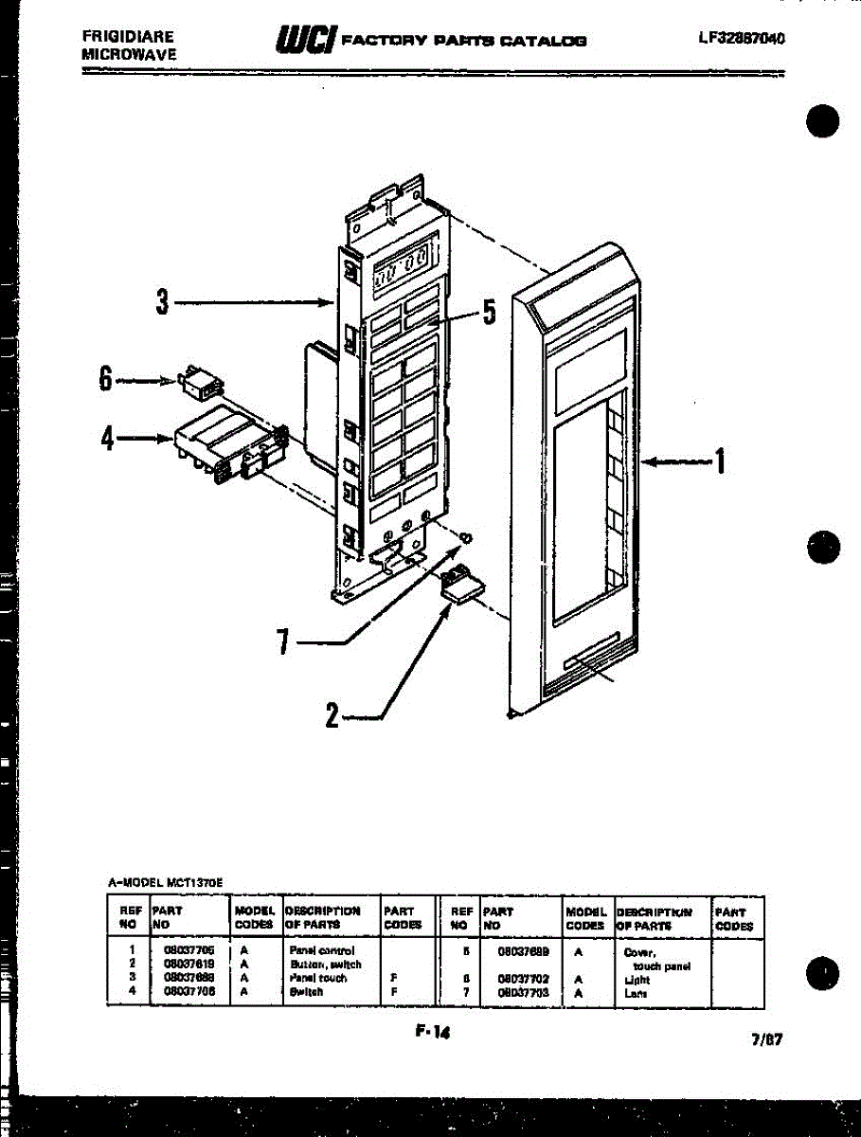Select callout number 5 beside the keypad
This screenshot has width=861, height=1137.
489,312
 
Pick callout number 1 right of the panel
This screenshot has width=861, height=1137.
720,461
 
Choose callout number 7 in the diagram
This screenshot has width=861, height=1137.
281,642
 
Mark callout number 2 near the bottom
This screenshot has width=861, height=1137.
332,716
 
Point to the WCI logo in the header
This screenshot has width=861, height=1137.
304,40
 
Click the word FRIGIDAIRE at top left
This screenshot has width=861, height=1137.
128,37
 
